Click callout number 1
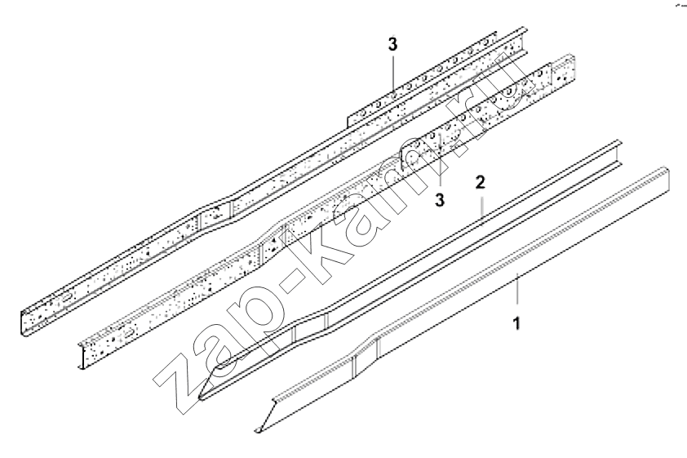(x=517, y=323)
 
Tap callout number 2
(x=481, y=182)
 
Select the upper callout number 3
(x=393, y=44)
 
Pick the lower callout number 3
(x=440, y=200)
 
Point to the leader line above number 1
(x=518, y=288)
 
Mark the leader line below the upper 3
(x=394, y=75)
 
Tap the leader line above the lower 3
(x=439, y=162)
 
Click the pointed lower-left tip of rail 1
(x=258, y=431)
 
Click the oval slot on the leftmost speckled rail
(x=67, y=298)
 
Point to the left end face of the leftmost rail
(x=23, y=323)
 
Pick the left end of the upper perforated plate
(x=348, y=122)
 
